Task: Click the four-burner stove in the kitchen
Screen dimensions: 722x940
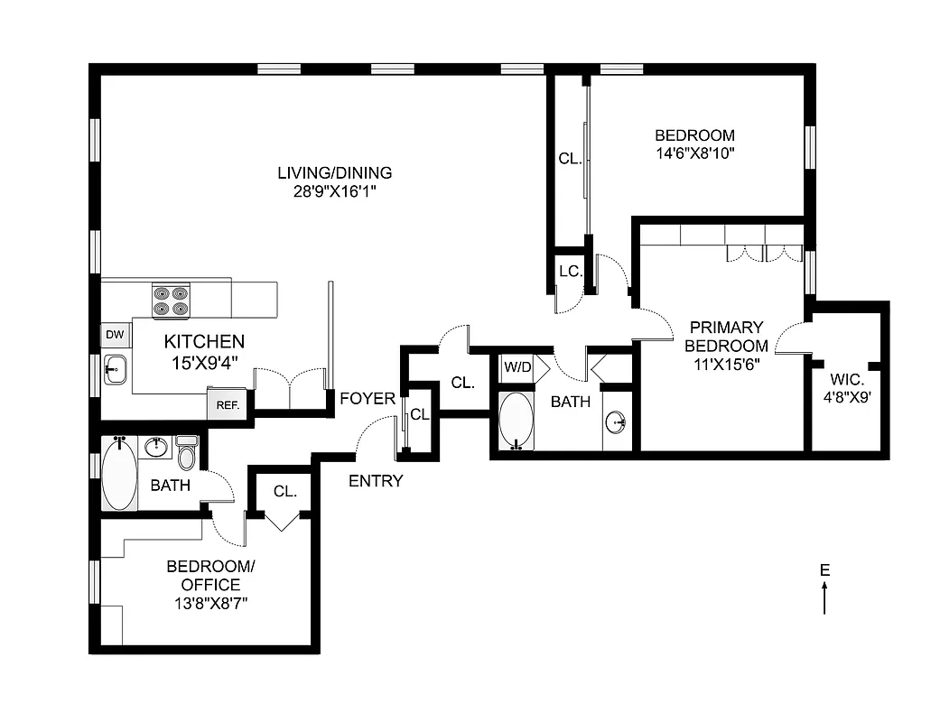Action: [x=172, y=301]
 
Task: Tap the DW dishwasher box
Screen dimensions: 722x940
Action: [x=115, y=335]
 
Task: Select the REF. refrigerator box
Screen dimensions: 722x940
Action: [x=227, y=406]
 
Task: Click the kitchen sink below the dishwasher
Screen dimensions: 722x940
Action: [x=116, y=368]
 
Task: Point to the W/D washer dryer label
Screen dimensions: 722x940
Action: [x=517, y=367]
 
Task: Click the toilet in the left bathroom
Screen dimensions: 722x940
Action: [x=187, y=453]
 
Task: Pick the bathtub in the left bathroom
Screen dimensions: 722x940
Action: [x=118, y=474]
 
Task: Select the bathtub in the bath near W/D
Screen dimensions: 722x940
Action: [x=517, y=420]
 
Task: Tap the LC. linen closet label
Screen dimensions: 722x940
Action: [x=569, y=271]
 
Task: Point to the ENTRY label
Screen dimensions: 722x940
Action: [x=376, y=481]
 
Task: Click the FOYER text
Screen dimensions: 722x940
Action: [x=368, y=398]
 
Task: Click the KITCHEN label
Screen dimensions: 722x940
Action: [x=204, y=341]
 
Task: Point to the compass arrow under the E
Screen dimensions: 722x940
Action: [x=824, y=597]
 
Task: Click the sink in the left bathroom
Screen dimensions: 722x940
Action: [x=157, y=446]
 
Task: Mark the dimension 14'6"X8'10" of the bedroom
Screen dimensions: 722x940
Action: [x=694, y=153]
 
